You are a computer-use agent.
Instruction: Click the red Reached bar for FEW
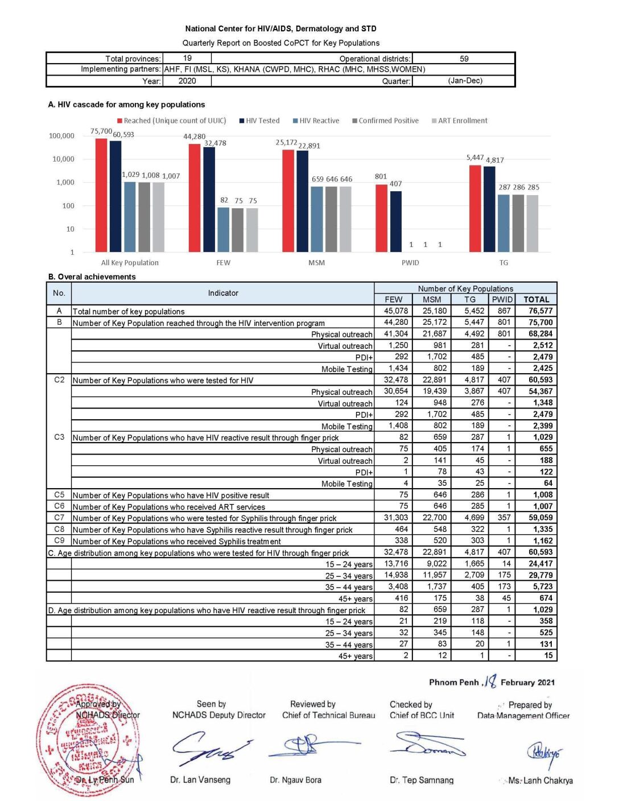pos(195,197)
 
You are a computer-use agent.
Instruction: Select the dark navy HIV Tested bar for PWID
pos(396,221)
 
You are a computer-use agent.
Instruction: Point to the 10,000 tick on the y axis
pos(63,159)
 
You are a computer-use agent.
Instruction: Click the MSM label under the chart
pos(316,263)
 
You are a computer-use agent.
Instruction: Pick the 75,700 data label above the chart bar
pos(101,131)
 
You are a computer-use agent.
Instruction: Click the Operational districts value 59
pos(464,59)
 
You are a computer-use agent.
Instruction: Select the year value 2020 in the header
pos(187,81)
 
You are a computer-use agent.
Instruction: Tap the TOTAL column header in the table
pos(536,299)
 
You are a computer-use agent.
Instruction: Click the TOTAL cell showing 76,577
pos(540,311)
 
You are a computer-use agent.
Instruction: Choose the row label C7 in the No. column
pos(59,518)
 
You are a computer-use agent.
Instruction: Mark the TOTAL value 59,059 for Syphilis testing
pos(540,518)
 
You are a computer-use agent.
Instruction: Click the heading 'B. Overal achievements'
pos(92,277)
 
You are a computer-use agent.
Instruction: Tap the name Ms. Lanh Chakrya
pos(540,781)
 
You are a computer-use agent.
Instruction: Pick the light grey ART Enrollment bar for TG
pos(532,223)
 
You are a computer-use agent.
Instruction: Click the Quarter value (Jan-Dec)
pos(465,81)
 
